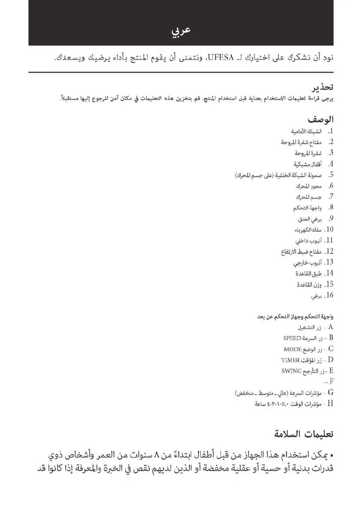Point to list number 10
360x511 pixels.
[x=329, y=230]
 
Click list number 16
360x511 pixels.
[x=329, y=295]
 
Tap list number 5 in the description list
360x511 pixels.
[x=331, y=175]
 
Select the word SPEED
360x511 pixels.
[x=293, y=338]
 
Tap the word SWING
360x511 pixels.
[x=292, y=371]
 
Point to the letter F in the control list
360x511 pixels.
[x=331, y=381]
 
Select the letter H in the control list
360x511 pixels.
[x=330, y=403]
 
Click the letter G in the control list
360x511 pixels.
[x=330, y=393]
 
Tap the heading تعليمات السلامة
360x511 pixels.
[x=304, y=433]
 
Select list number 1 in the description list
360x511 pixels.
[x=331, y=131]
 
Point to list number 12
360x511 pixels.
[x=329, y=251]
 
